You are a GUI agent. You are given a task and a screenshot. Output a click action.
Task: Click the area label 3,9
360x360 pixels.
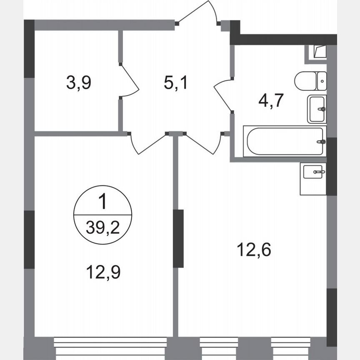pyautogui.click(x=78, y=82)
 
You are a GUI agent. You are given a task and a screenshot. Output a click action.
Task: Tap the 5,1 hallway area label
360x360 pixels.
pyautogui.click(x=175, y=82)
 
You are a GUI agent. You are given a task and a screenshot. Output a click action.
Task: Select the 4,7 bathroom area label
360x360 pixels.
pyautogui.click(x=271, y=101)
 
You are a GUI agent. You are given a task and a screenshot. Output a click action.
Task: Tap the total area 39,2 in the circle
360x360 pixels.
pyautogui.click(x=102, y=227)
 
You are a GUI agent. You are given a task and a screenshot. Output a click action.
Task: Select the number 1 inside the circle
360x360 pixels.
pyautogui.click(x=102, y=202)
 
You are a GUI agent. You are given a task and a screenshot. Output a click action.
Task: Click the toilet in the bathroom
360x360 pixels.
pyautogui.click(x=310, y=81)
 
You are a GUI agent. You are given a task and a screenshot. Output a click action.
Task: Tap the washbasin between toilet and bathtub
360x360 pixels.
pyautogui.click(x=317, y=109)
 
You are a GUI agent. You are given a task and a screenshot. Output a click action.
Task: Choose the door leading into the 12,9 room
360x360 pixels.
pyautogui.click(x=148, y=144)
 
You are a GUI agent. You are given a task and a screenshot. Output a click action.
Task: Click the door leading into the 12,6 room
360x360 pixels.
pyautogui.click(x=202, y=144)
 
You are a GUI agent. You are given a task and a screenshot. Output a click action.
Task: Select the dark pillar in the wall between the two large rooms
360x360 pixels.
pyautogui.click(x=178, y=238)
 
